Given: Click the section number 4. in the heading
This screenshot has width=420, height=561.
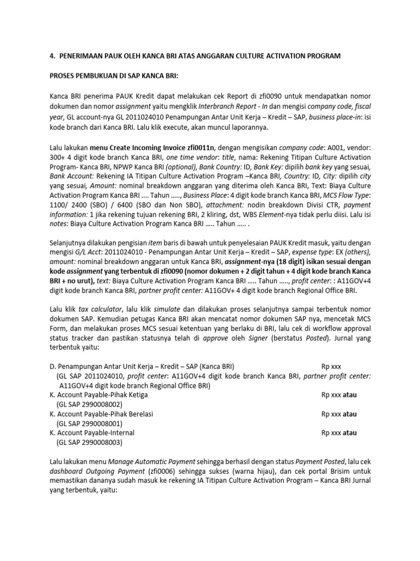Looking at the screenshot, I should [53, 56].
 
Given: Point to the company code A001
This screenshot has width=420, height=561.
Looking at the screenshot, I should [317, 147].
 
